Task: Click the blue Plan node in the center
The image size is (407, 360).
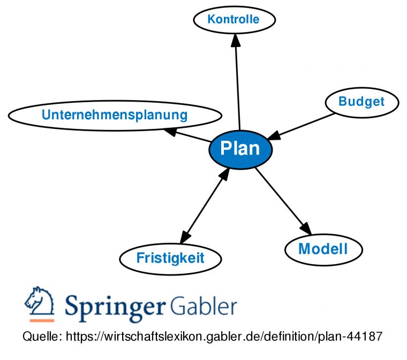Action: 240,149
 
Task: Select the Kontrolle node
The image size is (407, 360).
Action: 233,20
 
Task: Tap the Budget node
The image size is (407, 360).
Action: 361,102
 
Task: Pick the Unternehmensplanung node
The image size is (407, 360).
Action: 115,115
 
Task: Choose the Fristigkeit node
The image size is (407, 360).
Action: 170,258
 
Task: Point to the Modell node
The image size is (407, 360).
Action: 323,249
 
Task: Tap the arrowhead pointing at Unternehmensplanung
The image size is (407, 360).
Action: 170,131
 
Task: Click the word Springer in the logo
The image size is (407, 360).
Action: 114,307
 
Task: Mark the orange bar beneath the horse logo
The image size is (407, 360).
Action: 41,320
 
